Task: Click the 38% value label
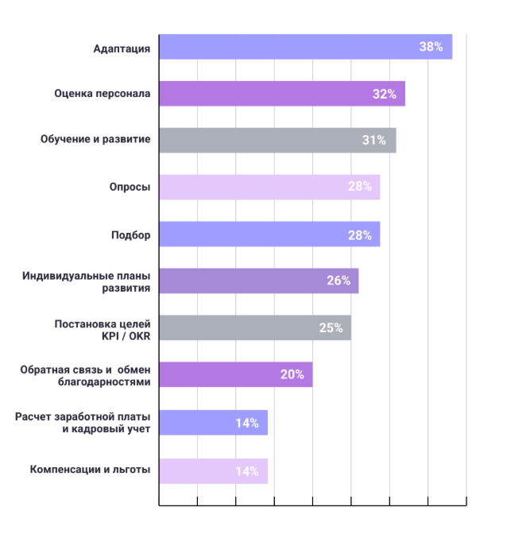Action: (431, 47)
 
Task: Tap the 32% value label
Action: (384, 94)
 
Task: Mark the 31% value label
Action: (374, 141)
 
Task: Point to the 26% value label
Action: (338, 281)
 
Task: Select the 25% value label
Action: (331, 328)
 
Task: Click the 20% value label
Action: (292, 374)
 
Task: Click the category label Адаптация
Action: (122, 48)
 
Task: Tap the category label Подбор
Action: (130, 234)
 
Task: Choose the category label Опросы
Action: (130, 188)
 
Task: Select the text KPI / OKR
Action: (120, 335)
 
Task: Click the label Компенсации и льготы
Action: (90, 470)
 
